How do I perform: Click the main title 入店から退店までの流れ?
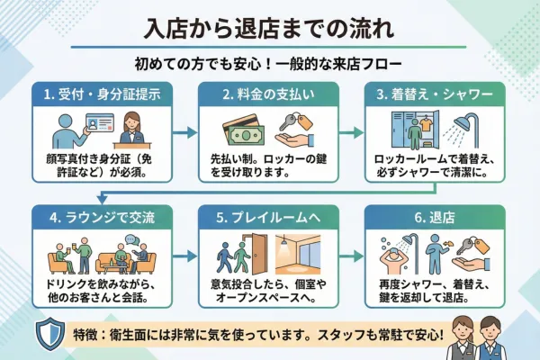269,28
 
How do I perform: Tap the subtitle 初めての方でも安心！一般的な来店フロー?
269,65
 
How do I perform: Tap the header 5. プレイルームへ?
268,219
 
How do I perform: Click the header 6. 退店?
442,219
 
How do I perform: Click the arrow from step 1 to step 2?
183,132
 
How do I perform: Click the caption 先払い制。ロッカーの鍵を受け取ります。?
268,163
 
